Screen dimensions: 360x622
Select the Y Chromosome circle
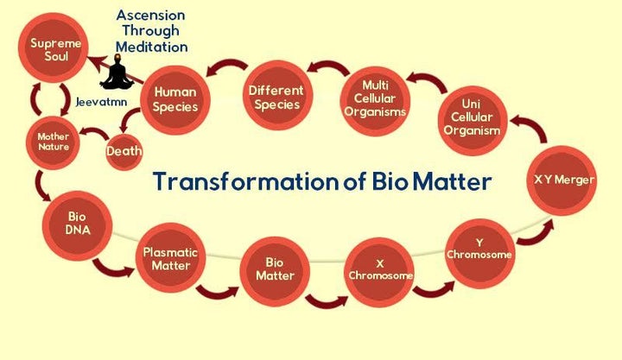(x=479, y=248)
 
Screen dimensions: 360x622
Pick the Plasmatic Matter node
(x=169, y=258)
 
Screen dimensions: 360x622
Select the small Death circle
(x=124, y=152)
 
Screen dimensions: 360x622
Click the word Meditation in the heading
(x=154, y=47)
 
